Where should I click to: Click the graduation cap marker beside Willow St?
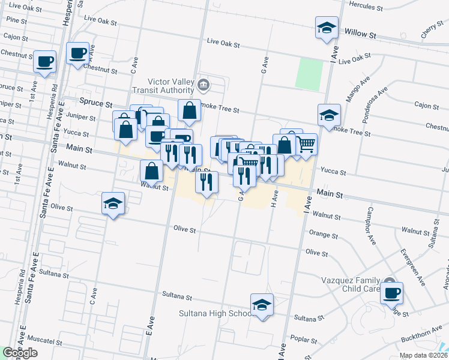[x=327, y=28]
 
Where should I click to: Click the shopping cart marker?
[x=306, y=144]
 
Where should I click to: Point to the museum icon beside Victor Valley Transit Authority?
[x=203, y=84]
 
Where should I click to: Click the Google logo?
[x=19, y=353]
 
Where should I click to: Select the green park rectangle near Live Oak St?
[x=309, y=74]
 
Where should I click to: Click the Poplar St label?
[x=300, y=339]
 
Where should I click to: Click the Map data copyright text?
[x=423, y=355]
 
